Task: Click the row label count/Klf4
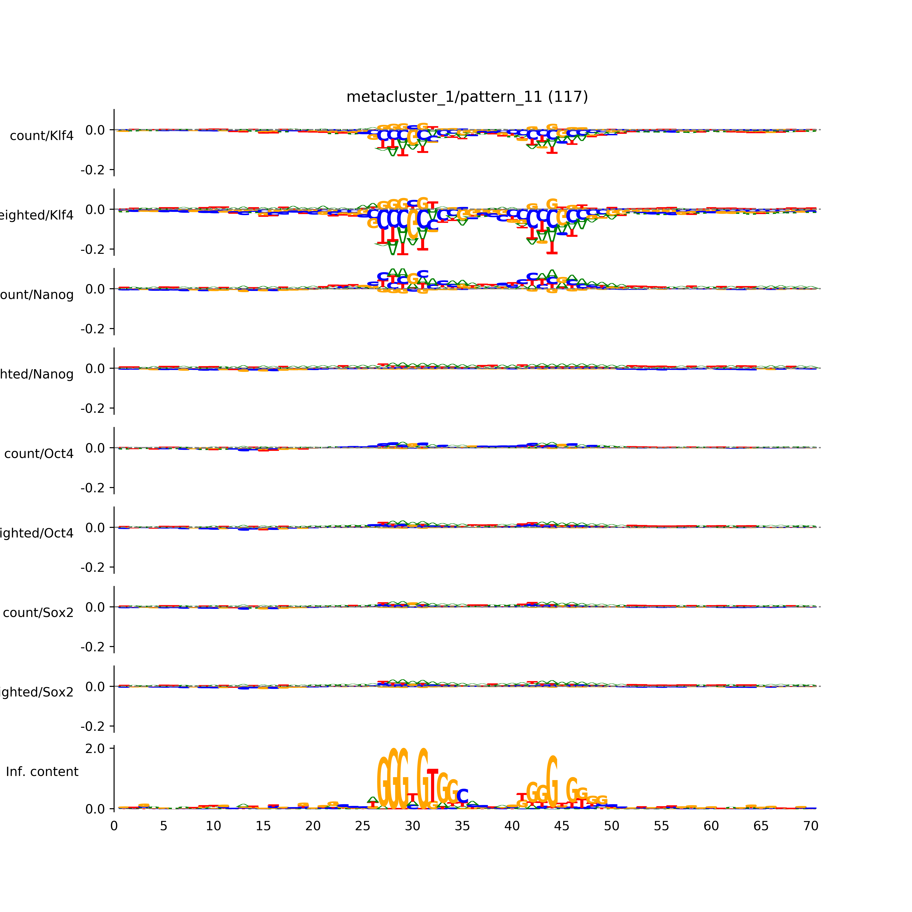pos(41,136)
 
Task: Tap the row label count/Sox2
pos(38,613)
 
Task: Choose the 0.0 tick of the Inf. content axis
pos(95,809)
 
